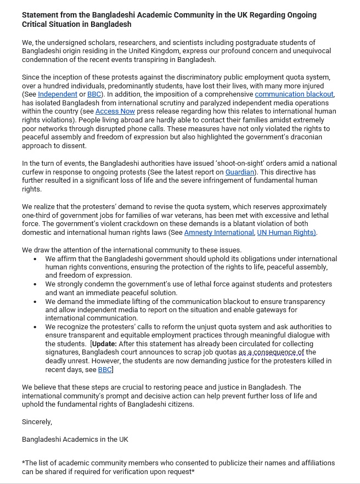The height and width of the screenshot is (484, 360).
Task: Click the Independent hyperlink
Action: [x=58, y=94]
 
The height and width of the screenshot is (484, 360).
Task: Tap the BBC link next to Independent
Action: [x=94, y=94]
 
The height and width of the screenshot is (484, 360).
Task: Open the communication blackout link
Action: [x=294, y=94]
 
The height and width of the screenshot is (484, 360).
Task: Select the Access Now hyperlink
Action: [x=115, y=111]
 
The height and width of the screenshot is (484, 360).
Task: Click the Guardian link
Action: [x=240, y=172]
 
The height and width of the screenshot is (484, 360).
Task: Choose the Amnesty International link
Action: [x=219, y=232]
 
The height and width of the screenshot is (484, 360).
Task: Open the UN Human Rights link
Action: [x=286, y=232]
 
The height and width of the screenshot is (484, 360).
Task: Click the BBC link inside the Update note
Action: [x=104, y=370]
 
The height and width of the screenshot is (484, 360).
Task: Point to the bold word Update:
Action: [x=104, y=344]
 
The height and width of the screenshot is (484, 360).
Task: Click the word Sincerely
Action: [x=37, y=422]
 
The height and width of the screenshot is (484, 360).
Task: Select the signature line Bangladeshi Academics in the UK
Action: [x=75, y=439]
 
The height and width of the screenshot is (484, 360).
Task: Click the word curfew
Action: [x=32, y=172]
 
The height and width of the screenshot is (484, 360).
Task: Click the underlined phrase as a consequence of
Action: [x=271, y=352]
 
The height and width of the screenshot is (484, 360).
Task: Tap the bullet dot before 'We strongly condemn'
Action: [x=36, y=284]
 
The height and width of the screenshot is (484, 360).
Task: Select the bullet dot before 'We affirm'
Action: [x=36, y=258]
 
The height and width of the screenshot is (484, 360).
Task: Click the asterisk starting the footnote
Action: [x=24, y=463]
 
